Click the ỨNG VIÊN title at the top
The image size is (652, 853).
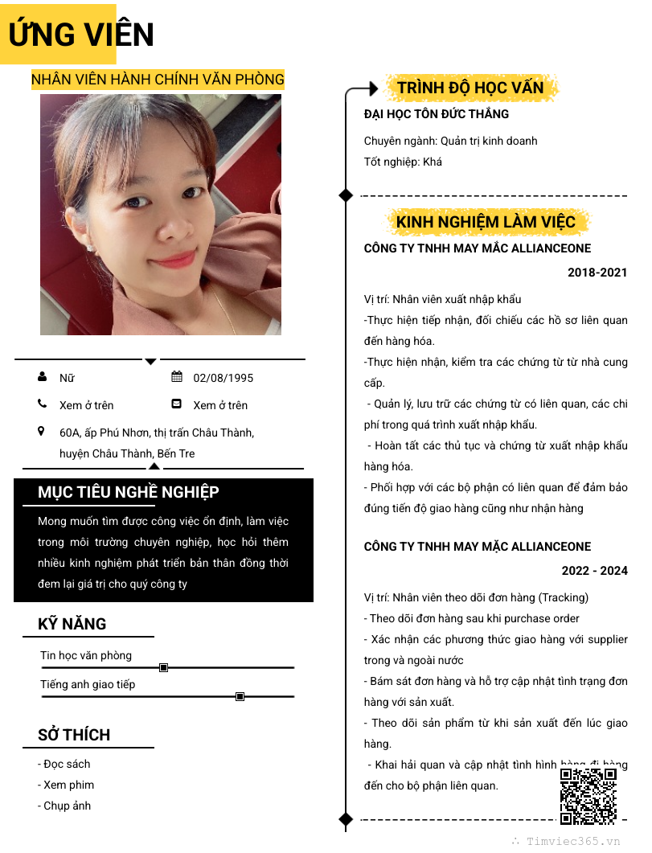[80, 35]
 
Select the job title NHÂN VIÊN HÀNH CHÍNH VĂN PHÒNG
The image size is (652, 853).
[158, 80]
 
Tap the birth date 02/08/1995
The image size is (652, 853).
[223, 378]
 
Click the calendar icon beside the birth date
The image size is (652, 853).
[177, 377]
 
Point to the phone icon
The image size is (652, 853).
[42, 404]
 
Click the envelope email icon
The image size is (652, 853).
[177, 404]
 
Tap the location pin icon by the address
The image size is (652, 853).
[42, 432]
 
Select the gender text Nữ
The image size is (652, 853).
[67, 378]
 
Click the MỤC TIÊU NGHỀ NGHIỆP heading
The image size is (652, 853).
[129, 492]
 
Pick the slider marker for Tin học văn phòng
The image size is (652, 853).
[164, 667]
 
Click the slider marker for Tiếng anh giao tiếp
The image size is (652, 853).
[240, 696]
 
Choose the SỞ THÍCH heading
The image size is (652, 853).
[74, 735]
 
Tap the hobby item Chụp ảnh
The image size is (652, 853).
[67, 806]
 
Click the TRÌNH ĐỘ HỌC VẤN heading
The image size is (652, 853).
[470, 88]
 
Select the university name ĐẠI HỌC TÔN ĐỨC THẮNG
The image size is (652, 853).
[437, 114]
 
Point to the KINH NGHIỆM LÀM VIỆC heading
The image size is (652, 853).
[486, 222]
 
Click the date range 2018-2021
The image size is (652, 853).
[597, 273]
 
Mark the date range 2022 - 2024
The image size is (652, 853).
[594, 571]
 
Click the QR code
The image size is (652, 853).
[588, 796]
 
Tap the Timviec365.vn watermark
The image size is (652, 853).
[573, 841]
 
